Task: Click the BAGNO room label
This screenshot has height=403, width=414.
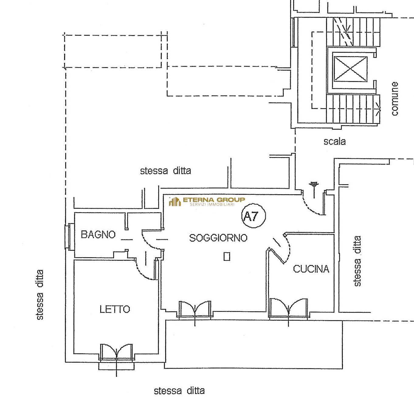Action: coord(98,235)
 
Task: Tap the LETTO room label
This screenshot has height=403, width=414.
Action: coord(115,309)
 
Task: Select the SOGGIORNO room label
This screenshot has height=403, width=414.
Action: coord(218,238)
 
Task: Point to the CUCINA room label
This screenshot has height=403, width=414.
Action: coord(311,269)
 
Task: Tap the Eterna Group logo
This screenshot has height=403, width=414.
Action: coord(207,201)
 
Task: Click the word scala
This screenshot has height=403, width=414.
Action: coord(334,141)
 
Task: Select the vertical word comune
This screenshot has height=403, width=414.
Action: coord(394,99)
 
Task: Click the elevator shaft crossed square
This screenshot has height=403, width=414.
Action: coord(350,69)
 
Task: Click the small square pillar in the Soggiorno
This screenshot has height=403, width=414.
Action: coord(227,257)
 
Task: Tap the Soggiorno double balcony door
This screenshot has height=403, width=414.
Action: coord(195,309)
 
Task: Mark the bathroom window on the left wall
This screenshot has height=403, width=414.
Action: coord(69,237)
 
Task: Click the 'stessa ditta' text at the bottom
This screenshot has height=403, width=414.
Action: coord(179,391)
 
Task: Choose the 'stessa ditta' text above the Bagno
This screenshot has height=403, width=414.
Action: coord(165,171)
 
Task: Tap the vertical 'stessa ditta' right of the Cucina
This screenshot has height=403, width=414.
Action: coord(357,261)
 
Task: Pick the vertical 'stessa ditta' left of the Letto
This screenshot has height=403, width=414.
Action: coord(40,294)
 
